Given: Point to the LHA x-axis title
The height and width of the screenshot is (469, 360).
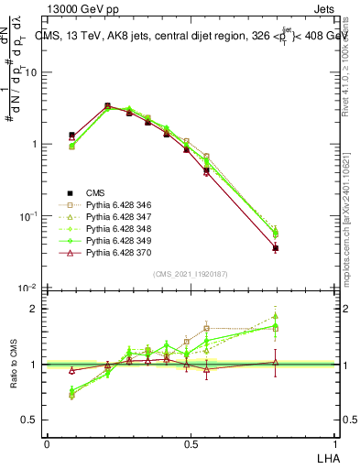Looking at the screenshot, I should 325,457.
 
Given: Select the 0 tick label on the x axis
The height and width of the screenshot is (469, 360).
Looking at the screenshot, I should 47,443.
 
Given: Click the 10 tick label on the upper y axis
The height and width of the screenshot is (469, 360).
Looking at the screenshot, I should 32,72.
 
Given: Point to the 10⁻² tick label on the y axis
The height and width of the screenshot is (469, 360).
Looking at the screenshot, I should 29,289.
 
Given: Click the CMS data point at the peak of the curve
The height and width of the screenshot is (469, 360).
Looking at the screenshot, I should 107,106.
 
